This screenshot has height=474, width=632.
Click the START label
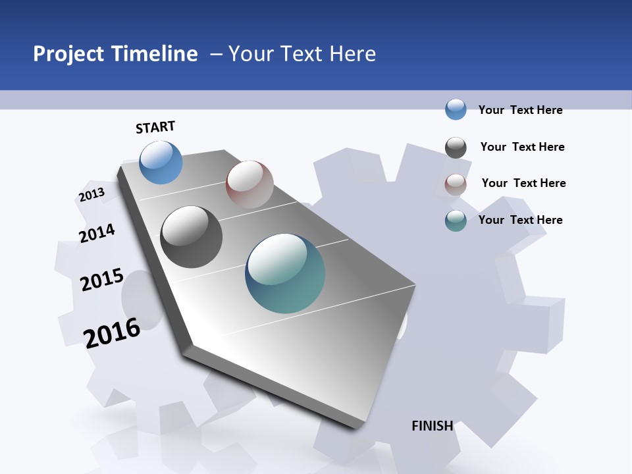(x=155, y=127)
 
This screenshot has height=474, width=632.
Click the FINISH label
(x=432, y=426)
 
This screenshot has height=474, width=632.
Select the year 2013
(x=92, y=195)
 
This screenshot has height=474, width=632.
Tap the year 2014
(x=97, y=233)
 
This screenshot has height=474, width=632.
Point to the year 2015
(x=102, y=280)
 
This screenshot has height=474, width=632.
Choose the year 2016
(x=112, y=332)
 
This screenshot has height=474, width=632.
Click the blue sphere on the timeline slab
(x=161, y=162)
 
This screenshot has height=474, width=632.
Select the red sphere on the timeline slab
(x=250, y=184)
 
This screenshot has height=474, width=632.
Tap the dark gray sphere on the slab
(x=192, y=237)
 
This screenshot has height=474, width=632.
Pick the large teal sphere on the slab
(x=285, y=273)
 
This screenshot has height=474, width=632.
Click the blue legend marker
(x=456, y=109)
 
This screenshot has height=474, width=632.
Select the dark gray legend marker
(x=456, y=147)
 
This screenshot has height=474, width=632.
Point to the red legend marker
(x=456, y=184)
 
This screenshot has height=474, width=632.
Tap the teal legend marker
(x=456, y=221)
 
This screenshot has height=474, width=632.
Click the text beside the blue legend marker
(x=520, y=110)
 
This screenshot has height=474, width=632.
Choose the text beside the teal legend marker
(x=520, y=220)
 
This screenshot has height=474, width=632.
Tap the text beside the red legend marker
(x=523, y=183)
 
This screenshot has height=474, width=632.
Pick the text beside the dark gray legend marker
(x=522, y=147)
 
